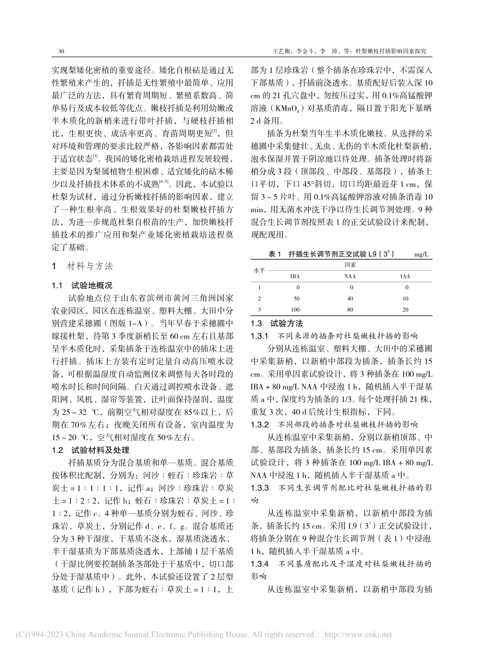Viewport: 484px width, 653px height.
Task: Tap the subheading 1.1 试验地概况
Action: pos(83,285)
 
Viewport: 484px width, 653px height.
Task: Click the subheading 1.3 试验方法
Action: pos(277,323)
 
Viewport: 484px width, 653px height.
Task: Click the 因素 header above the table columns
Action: pos(350,265)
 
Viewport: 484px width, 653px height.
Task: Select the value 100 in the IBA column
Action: pos(295,309)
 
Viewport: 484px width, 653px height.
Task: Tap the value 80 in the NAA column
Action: pos(350,309)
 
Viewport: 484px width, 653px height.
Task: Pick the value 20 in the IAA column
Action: pos(405,309)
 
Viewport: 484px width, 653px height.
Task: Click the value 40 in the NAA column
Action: pos(350,298)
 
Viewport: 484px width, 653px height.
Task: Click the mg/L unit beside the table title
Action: pos(422,253)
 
